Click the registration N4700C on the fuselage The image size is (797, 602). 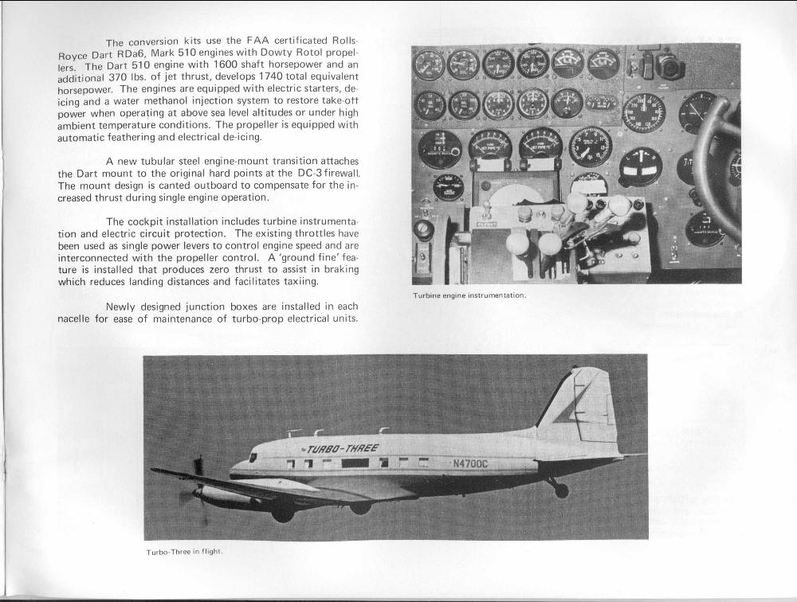click(x=470, y=463)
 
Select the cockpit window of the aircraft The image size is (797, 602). click(x=253, y=457)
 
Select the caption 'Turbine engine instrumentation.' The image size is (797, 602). click(x=469, y=295)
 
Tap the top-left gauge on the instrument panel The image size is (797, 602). click(x=430, y=65)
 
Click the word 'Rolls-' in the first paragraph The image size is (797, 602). click(x=344, y=41)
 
